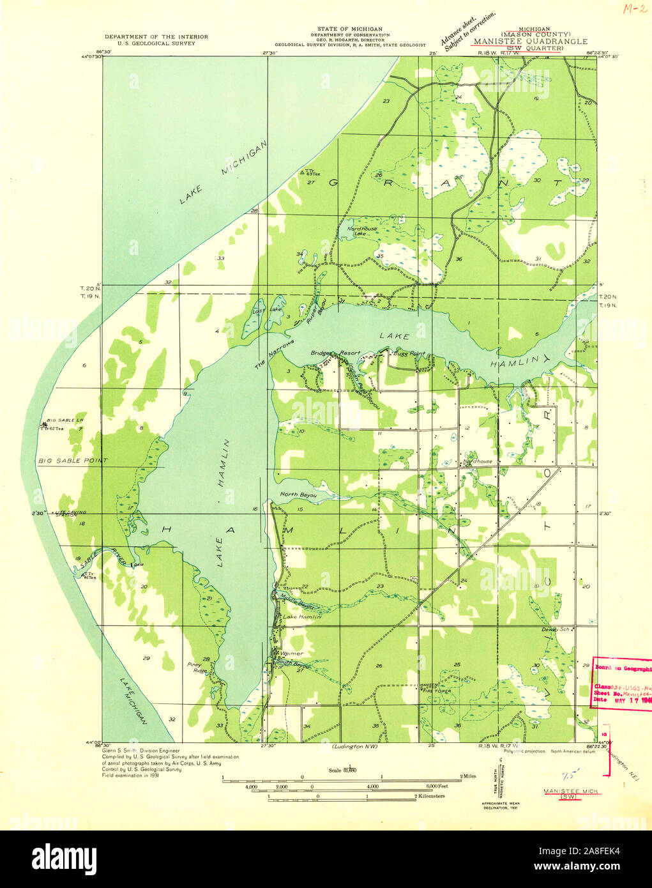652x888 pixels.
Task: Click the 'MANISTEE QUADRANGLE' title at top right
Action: tap(530, 42)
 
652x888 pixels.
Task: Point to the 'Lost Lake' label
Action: tap(259, 310)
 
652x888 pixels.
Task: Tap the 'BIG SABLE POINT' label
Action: tap(64, 461)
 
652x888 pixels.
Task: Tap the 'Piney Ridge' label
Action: tap(199, 668)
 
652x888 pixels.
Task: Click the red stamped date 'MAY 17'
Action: tap(623, 699)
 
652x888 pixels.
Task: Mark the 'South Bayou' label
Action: tap(294, 665)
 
